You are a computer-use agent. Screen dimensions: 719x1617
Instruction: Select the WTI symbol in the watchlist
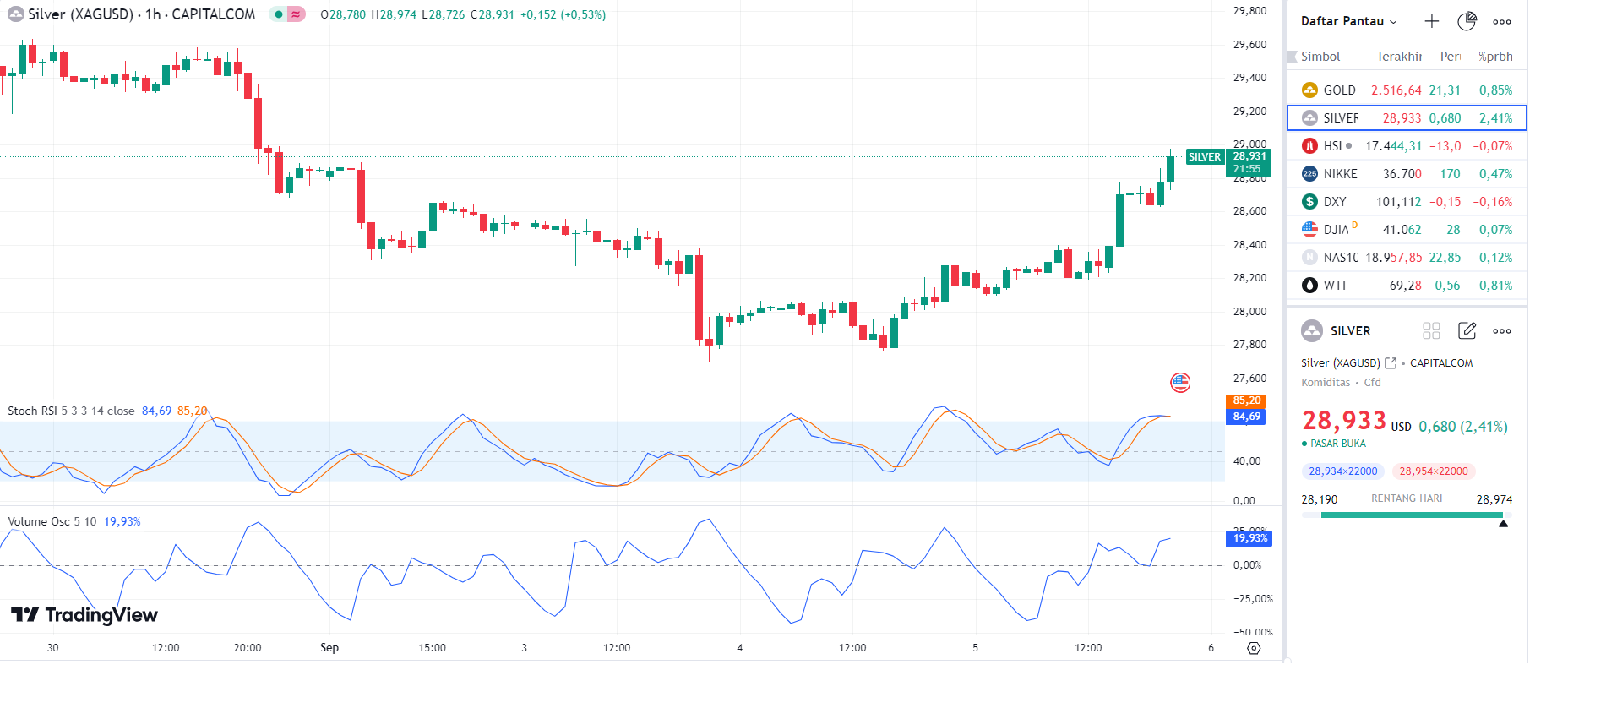pyautogui.click(x=1334, y=286)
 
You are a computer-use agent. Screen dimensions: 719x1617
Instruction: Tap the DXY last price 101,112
pyautogui.click(x=1398, y=202)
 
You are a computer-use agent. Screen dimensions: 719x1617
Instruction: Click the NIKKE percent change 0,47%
pyautogui.click(x=1495, y=174)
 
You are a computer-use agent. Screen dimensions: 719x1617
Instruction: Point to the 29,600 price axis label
pyautogui.click(x=1249, y=45)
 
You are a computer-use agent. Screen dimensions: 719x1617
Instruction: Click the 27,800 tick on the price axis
pyautogui.click(x=1249, y=345)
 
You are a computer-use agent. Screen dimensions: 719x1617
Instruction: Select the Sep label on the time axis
pyautogui.click(x=329, y=648)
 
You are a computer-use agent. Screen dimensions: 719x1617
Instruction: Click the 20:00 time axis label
pyautogui.click(x=248, y=648)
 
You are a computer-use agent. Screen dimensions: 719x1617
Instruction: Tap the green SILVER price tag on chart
pyautogui.click(x=1204, y=157)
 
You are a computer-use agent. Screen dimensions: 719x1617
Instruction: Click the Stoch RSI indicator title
pyautogui.click(x=71, y=411)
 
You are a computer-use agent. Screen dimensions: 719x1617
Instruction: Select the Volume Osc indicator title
pyautogui.click(x=52, y=522)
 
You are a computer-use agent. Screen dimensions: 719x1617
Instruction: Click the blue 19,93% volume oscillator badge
pyautogui.click(x=1249, y=538)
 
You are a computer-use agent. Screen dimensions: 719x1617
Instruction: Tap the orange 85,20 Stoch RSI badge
pyautogui.click(x=1246, y=400)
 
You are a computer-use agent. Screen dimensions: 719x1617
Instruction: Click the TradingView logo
pyautogui.click(x=84, y=615)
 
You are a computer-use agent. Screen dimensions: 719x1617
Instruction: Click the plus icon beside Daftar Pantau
pyautogui.click(x=1431, y=21)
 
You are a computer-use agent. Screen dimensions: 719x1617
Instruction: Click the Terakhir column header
pyautogui.click(x=1399, y=57)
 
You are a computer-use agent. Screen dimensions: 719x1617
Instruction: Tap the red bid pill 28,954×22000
pyautogui.click(x=1434, y=471)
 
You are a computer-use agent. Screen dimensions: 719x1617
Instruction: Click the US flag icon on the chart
pyautogui.click(x=1180, y=383)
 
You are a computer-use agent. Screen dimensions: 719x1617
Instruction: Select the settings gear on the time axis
pyautogui.click(x=1254, y=648)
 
